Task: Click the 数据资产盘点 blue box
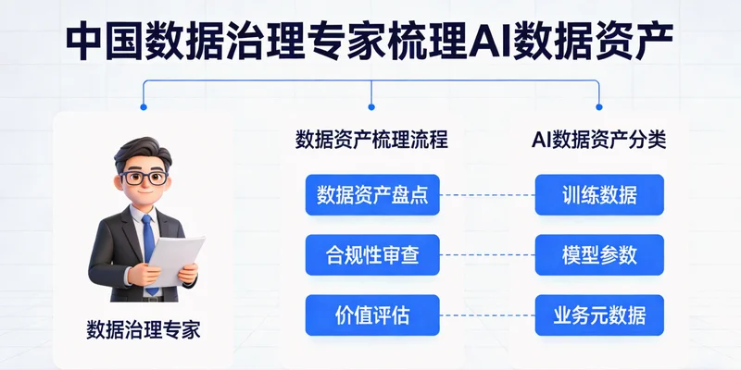tap(371, 195)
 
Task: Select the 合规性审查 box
tap(371, 255)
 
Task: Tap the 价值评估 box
tap(371, 315)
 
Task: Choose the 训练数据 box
tap(599, 195)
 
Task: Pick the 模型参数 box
tap(599, 255)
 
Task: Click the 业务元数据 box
tap(599, 315)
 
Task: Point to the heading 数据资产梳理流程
tap(371, 141)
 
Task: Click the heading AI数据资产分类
tap(599, 141)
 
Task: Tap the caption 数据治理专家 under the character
tap(144, 328)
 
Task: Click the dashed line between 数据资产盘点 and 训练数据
tap(485, 195)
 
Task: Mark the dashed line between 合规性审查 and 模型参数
tap(485, 255)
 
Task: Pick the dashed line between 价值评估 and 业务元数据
tap(485, 315)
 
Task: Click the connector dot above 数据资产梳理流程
tap(371, 109)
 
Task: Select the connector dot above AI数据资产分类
tap(598, 109)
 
